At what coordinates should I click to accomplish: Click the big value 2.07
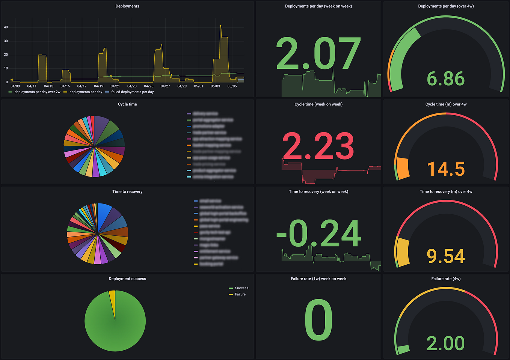318,54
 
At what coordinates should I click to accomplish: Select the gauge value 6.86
446,79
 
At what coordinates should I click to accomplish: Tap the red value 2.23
318,146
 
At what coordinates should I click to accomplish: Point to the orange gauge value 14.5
446,169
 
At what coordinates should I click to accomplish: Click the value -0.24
318,234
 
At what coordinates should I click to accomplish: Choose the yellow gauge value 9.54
446,256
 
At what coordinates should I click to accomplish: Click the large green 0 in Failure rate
318,320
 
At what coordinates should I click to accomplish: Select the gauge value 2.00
446,343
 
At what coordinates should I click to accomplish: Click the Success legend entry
241,288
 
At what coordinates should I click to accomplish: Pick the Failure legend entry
240,294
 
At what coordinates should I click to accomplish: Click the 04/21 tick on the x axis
115,86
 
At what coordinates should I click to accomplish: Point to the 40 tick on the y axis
6,27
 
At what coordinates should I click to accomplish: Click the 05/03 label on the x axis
215,86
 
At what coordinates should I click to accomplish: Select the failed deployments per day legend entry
132,92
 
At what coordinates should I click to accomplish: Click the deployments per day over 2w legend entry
37,92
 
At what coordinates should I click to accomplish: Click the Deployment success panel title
127,279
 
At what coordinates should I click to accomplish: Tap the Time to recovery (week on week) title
318,192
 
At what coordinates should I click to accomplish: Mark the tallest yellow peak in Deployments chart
220,26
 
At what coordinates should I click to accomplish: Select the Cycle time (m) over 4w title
446,104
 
